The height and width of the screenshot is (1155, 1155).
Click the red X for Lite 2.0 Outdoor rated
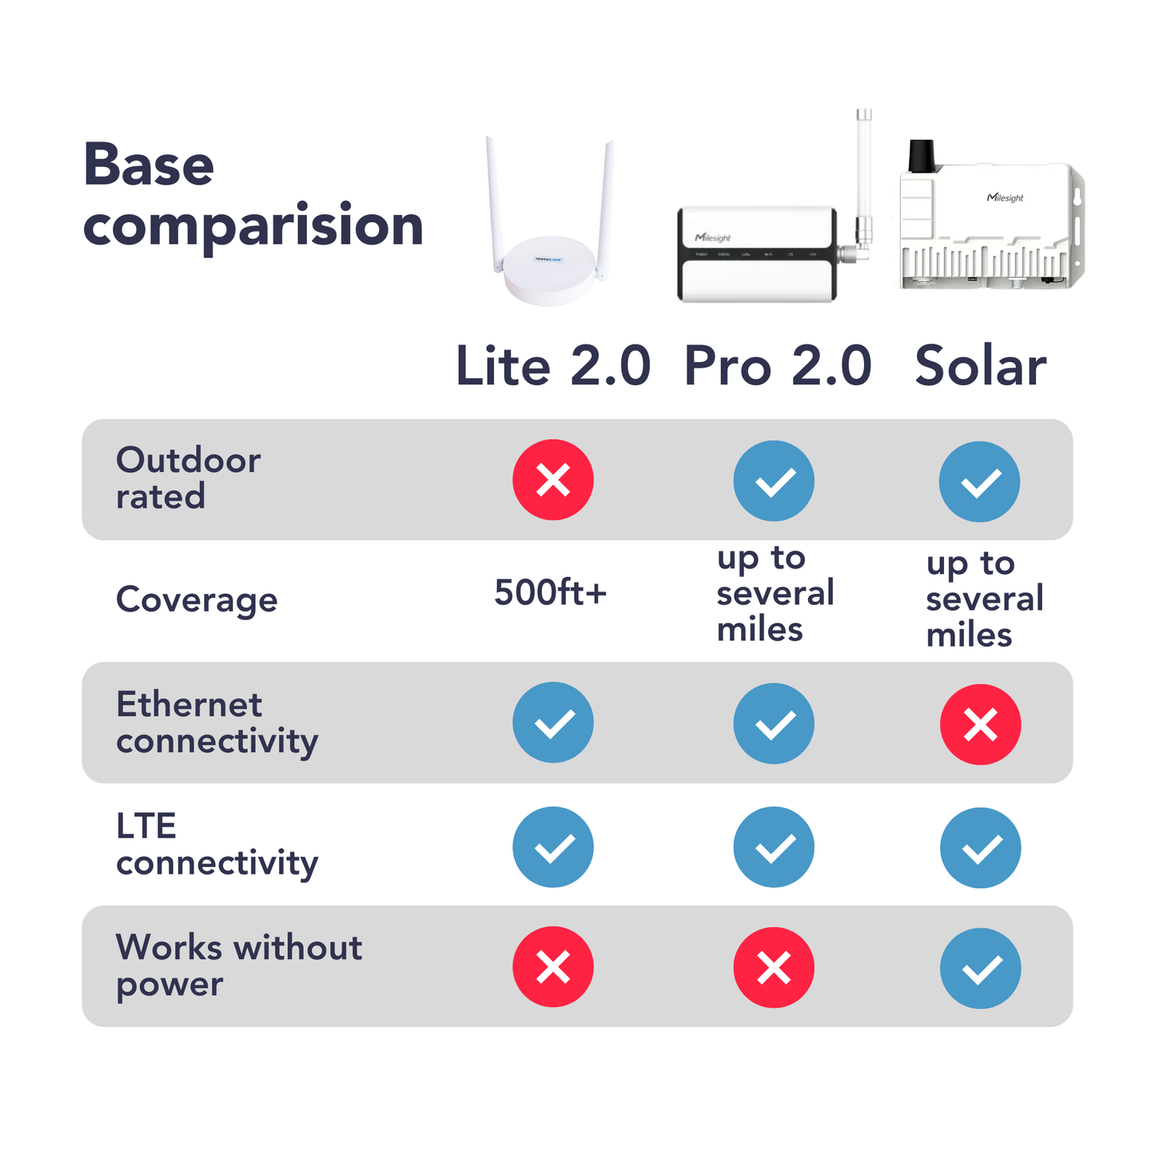pos(553,480)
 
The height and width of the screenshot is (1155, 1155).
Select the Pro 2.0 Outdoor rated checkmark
pos(774,480)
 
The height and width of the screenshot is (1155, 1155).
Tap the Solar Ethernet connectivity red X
pos(980,724)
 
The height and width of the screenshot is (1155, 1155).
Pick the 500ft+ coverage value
pos(550,592)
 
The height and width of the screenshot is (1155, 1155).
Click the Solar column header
pos(980,366)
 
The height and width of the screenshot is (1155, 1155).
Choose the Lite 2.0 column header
pos(553,366)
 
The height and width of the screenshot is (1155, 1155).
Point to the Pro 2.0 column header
pos(777,366)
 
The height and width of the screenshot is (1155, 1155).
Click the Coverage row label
pos(197,599)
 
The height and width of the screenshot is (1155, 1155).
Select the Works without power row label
pos(238,965)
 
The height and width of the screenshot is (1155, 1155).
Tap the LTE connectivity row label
pos(217,844)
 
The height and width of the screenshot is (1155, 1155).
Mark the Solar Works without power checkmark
pos(980,968)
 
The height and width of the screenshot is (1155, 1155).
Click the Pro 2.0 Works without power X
pos(774,967)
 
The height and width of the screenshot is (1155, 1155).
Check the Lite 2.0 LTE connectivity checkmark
pos(553,846)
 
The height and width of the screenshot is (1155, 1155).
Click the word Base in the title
pos(149,165)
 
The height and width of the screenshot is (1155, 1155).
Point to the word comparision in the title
pos(253,226)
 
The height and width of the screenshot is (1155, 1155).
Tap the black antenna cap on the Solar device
pos(922,156)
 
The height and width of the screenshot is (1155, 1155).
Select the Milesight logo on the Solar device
pos(1005,197)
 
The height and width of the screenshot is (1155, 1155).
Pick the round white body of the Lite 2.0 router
pos(550,268)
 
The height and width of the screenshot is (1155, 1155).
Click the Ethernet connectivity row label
pos(217,723)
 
